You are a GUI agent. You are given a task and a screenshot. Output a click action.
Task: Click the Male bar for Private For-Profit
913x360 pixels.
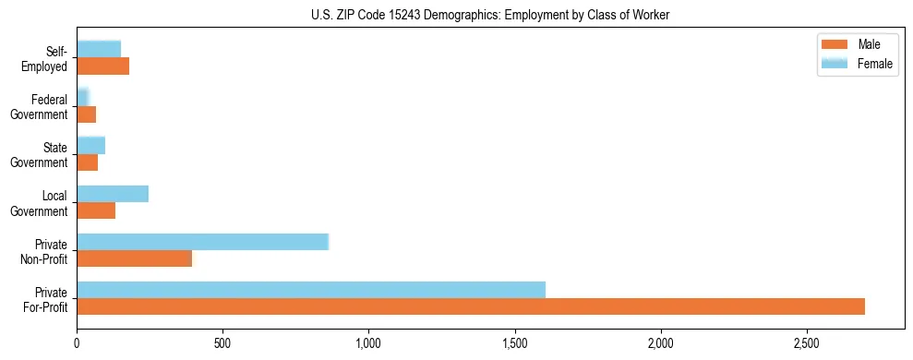pos(471,306)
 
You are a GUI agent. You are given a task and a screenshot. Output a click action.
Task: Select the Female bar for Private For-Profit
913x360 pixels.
pos(311,290)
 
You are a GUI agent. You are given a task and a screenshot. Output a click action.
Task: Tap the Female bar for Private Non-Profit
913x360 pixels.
pos(203,242)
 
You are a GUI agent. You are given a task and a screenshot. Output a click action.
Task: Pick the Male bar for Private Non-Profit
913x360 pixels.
pos(135,258)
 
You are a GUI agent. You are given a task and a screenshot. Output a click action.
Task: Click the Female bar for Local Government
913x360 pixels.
pos(113,194)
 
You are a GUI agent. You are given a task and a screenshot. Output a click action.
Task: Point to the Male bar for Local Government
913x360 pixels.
pos(96,210)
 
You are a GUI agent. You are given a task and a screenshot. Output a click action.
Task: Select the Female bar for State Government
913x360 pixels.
pos(91,146)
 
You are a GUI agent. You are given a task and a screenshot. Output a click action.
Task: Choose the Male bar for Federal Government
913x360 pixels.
pos(87,114)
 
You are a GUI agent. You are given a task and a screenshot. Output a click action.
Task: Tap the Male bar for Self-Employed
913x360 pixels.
pos(103,66)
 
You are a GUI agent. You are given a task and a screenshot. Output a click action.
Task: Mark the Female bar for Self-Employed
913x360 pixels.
pos(99,50)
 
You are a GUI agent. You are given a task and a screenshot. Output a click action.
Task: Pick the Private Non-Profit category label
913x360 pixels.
pos(45,251)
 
